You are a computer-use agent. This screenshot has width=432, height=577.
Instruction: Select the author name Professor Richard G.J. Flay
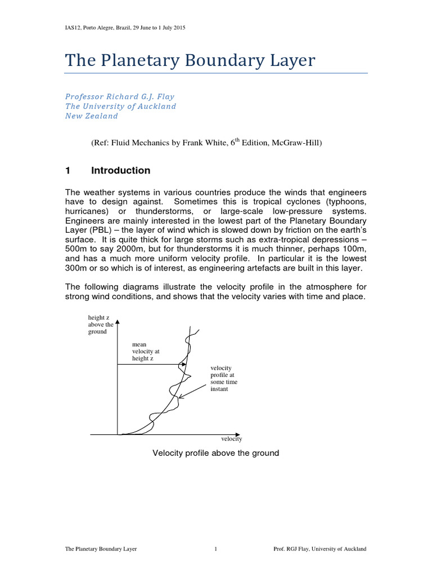click(x=120, y=96)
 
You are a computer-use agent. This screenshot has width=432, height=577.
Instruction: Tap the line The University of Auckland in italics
click(x=121, y=106)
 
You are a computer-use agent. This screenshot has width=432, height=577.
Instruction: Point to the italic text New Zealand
click(x=92, y=116)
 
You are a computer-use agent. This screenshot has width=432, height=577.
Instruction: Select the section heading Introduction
click(x=120, y=171)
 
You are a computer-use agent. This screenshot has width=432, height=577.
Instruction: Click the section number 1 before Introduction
click(x=67, y=171)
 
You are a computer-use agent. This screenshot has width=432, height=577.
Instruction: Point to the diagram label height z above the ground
click(x=101, y=325)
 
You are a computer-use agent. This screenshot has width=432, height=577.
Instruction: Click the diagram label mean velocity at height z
click(x=142, y=351)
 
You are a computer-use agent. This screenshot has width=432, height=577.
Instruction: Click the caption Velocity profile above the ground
click(x=216, y=453)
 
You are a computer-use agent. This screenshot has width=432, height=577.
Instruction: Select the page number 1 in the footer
click(x=216, y=548)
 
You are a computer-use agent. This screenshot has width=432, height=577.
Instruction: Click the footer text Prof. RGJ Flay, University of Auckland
click(x=319, y=548)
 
